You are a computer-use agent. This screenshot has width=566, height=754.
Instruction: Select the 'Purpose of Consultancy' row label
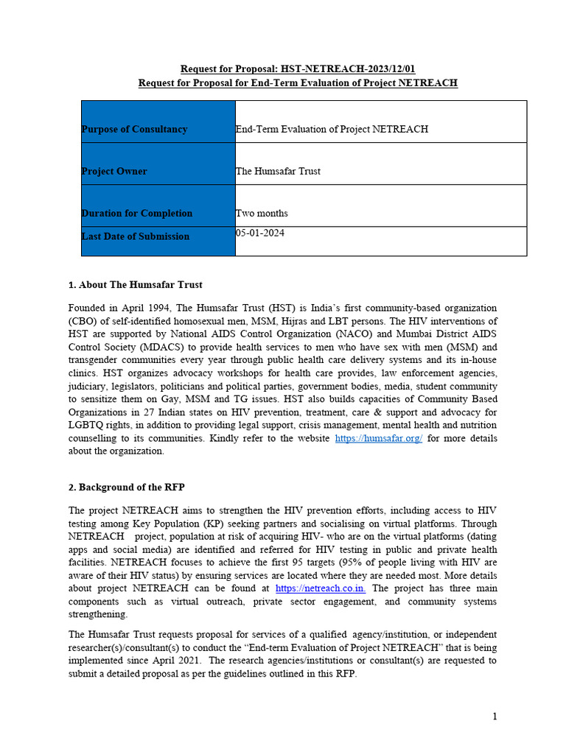[x=134, y=129]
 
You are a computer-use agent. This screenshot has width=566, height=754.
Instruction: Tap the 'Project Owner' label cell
[x=114, y=171]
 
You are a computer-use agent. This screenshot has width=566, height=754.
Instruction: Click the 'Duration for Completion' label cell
[x=136, y=213]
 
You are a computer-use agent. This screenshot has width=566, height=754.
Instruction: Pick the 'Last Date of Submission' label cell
[x=135, y=236]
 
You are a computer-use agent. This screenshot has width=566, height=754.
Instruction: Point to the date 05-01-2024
[x=259, y=233]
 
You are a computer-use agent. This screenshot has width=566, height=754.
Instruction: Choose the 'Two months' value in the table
[x=262, y=213]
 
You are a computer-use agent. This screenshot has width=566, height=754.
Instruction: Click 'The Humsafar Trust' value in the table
[x=278, y=171]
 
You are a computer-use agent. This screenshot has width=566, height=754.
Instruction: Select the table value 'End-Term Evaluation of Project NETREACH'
[x=332, y=129]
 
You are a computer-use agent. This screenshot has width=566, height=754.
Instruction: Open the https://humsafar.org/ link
[x=378, y=438]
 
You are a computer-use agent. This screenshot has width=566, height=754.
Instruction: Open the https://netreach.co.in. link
[x=321, y=588]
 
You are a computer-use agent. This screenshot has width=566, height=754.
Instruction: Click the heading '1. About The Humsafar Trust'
[x=135, y=284]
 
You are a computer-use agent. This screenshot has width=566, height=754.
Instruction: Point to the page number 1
[x=495, y=716]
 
